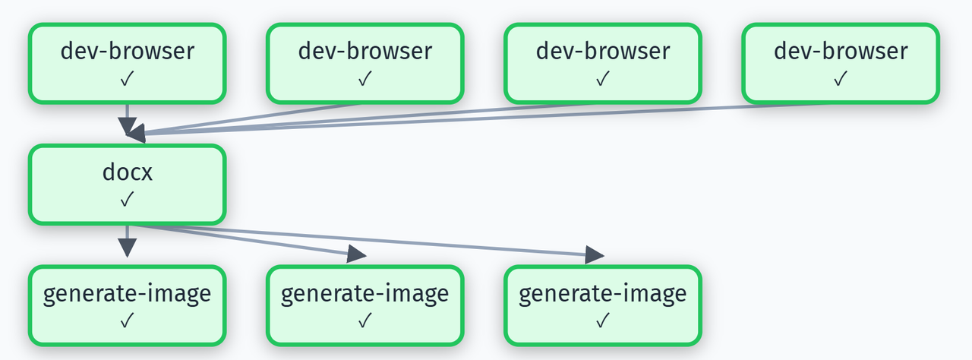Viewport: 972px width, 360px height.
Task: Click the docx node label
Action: pos(128,172)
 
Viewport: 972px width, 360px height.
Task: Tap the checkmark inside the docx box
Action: pos(128,199)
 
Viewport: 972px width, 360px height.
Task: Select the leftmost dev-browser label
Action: pos(128,51)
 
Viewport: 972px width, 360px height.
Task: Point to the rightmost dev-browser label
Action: pos(841,51)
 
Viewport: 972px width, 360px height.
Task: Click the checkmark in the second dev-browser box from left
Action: pos(365,78)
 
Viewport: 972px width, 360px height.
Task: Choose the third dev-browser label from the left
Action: pos(603,51)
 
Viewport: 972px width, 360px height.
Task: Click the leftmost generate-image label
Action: pos(128,293)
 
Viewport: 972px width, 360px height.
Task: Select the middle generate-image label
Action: pos(365,293)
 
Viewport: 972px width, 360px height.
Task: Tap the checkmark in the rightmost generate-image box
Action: pos(603,321)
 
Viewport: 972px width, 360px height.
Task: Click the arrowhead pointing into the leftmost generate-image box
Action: pos(128,248)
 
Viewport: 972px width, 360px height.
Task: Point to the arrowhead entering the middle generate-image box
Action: pos(357,254)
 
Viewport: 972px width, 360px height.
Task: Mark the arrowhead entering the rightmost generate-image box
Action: pos(595,255)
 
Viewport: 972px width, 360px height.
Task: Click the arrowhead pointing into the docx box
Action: pos(135,133)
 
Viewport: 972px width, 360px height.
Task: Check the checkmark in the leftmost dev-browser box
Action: pos(128,78)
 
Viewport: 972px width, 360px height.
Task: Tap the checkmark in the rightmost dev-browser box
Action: pos(841,78)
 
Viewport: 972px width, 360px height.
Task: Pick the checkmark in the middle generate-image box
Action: pos(365,321)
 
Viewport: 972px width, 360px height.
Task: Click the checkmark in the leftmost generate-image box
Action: pos(128,321)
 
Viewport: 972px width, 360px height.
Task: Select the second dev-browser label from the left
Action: pos(365,51)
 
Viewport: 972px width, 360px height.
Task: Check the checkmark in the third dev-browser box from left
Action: pos(603,78)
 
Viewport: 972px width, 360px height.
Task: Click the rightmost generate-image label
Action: pos(603,293)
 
